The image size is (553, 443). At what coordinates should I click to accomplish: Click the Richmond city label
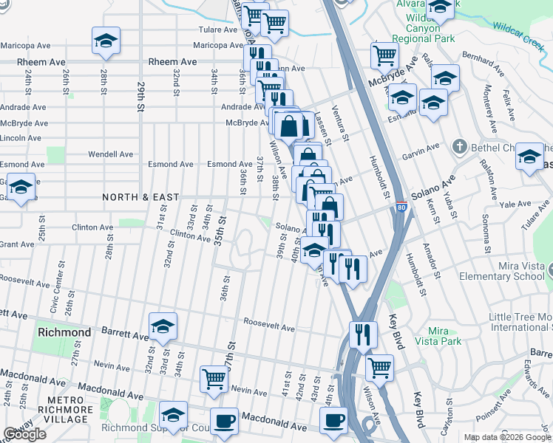click(x=64, y=332)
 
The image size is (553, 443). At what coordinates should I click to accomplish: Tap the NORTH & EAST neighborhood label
click(x=140, y=197)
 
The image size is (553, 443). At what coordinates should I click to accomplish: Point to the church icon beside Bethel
click(x=459, y=147)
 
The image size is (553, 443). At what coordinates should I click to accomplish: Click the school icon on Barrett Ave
click(x=163, y=325)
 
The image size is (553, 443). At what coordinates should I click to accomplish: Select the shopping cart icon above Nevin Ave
click(x=214, y=378)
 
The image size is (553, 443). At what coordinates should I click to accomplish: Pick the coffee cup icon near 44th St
click(x=333, y=420)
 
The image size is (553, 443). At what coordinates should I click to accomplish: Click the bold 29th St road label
click(x=140, y=97)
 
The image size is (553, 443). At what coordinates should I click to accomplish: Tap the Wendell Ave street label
click(x=110, y=154)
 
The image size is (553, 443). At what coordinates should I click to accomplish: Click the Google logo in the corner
click(x=24, y=434)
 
